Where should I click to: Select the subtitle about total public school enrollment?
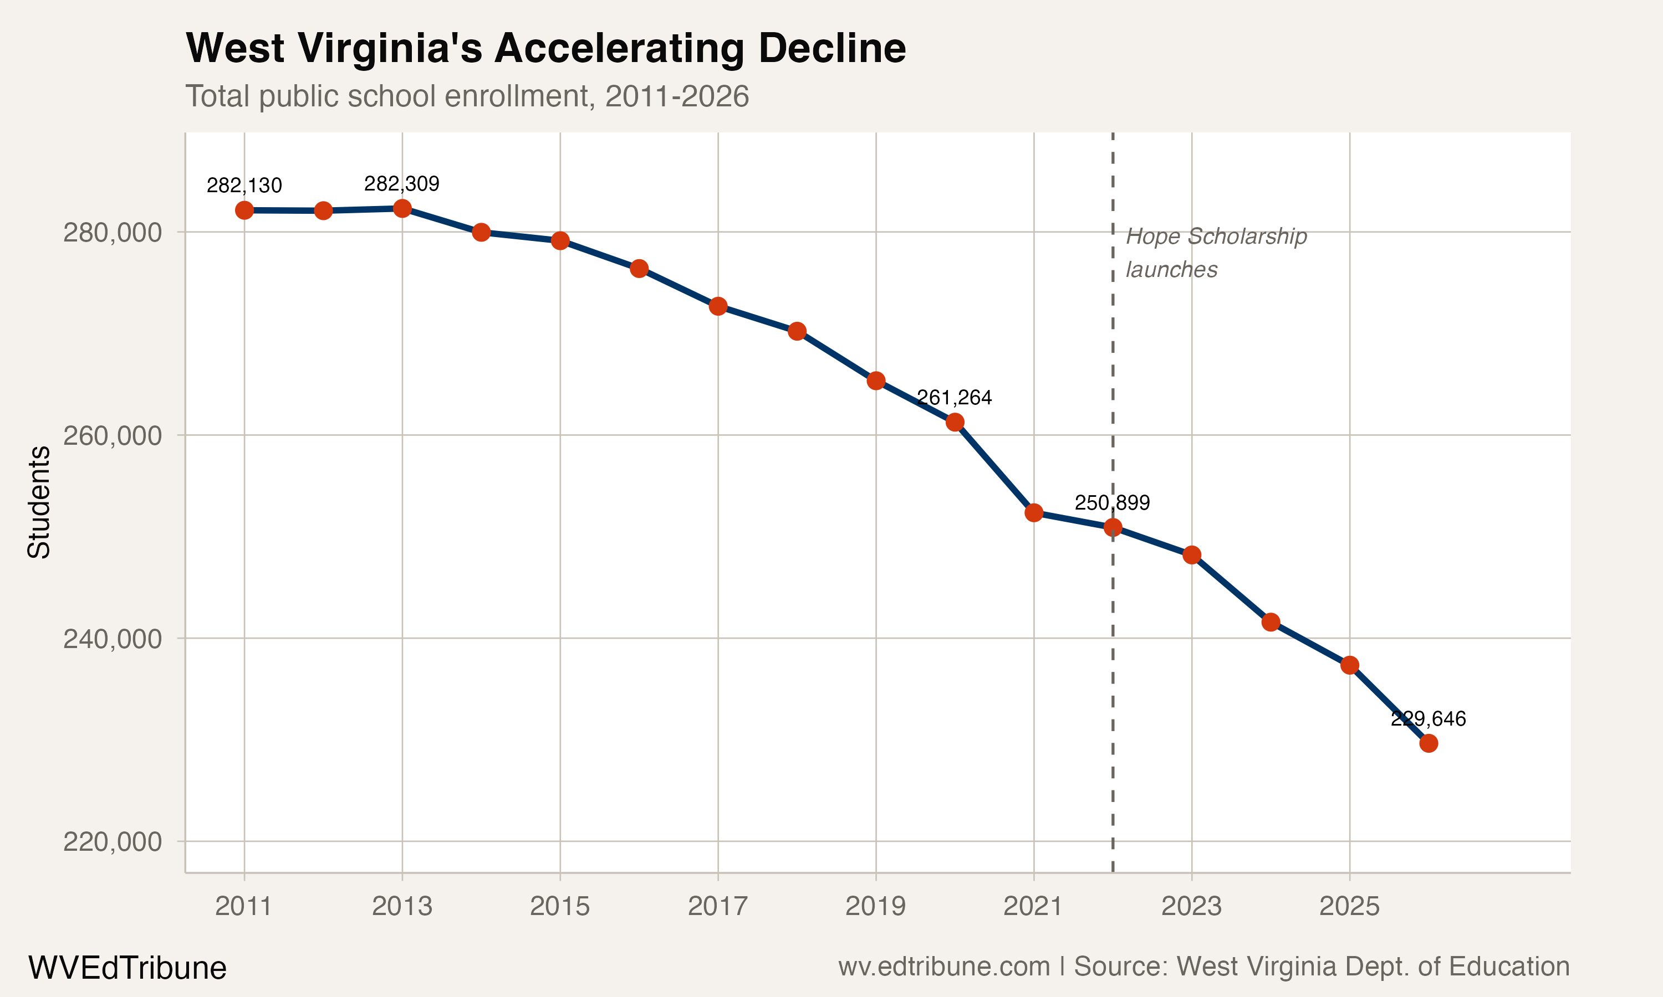pyautogui.click(x=467, y=96)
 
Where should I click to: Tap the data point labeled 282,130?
pyautogui.click(x=244, y=210)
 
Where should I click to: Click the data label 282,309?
pyautogui.click(x=401, y=183)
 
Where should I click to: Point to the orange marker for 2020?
pyautogui.click(x=955, y=422)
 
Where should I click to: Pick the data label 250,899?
pyautogui.click(x=1112, y=502)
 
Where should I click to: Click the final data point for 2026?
pyautogui.click(x=1429, y=743)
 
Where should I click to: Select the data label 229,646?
pyautogui.click(x=1428, y=719)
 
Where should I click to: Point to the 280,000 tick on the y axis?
pyautogui.click(x=113, y=233)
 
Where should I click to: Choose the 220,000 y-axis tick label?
pyautogui.click(x=113, y=841)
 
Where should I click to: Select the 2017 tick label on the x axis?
pyautogui.click(x=717, y=906)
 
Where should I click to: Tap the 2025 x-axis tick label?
pyautogui.click(x=1349, y=906)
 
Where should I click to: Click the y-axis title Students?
pyautogui.click(x=39, y=502)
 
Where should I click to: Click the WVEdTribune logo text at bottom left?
pyautogui.click(x=127, y=968)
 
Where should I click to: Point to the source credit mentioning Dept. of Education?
pyautogui.click(x=1203, y=966)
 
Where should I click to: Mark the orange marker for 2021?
pyautogui.click(x=1034, y=512)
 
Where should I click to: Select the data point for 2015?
pyautogui.click(x=560, y=240)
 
